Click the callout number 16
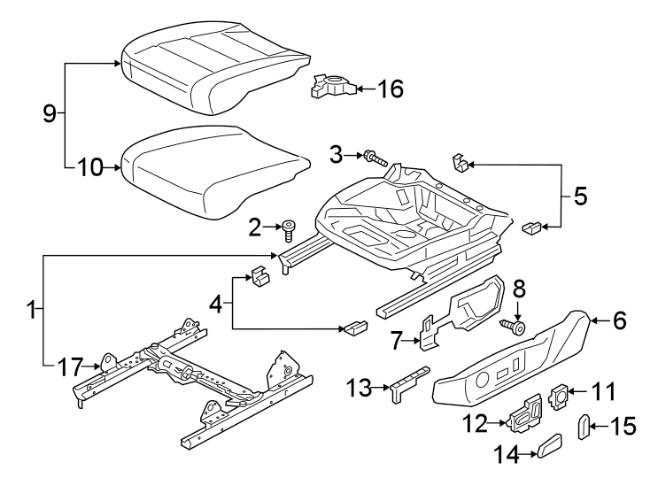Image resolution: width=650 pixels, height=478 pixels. click(391, 89)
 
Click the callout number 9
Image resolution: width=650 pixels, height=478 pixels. click(50, 112)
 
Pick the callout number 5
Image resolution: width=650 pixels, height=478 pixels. click(580, 196)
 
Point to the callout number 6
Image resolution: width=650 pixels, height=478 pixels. click(618, 320)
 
